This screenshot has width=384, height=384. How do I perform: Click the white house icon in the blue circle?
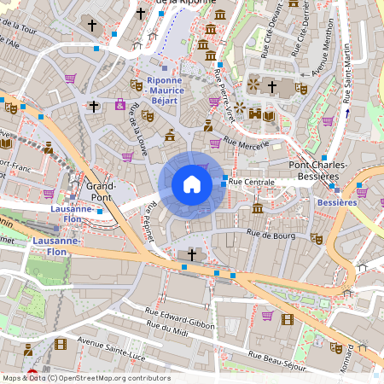[x=192, y=184]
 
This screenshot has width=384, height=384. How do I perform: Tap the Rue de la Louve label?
[x=137, y=121]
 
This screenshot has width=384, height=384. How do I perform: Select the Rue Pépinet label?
[x=151, y=221]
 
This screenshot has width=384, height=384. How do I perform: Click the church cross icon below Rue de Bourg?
[x=192, y=254]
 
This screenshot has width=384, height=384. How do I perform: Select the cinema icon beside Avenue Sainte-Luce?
[x=60, y=344]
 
